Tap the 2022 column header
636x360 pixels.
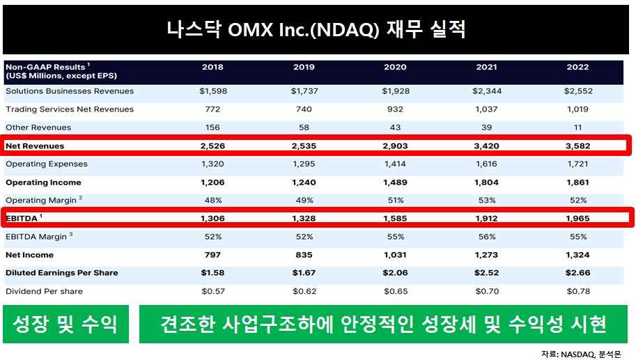pos(577,68)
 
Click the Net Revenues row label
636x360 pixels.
pos(35,146)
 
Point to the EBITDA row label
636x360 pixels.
pos(24,218)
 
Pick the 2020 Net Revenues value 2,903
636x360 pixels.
pos(394,146)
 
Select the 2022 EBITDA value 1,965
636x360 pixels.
pos(577,219)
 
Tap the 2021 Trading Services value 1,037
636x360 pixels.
pos(486,109)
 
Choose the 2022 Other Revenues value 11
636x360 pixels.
pos(577,127)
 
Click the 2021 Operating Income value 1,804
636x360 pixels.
pos(486,182)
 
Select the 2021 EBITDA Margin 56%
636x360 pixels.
pos(486,237)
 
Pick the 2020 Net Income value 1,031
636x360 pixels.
pos(394,255)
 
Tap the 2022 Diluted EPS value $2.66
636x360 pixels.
pos(577,273)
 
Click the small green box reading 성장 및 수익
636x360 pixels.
pos(66,324)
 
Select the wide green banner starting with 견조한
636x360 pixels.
pos(383,324)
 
